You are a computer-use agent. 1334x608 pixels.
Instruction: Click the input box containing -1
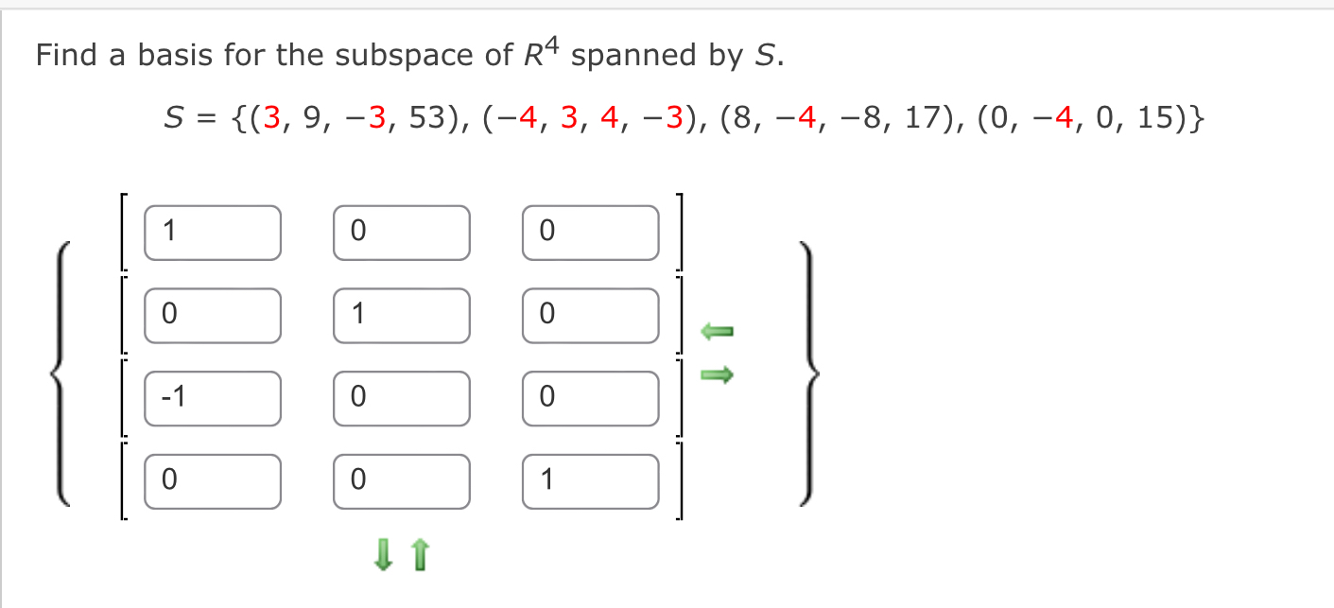[x=212, y=398]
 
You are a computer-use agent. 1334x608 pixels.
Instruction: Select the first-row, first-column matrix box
[x=212, y=232]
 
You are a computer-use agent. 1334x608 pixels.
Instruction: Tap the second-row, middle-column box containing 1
[x=401, y=315]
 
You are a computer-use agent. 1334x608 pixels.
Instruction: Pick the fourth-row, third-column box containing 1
[x=590, y=481]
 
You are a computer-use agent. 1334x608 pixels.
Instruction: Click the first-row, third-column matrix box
[x=590, y=232]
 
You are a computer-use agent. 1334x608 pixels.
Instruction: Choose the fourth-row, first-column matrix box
[x=212, y=481]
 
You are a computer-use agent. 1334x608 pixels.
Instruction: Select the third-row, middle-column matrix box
[x=401, y=398]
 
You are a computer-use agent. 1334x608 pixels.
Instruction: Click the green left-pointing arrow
[x=717, y=331]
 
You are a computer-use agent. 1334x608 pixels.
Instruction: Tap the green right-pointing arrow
[x=717, y=376]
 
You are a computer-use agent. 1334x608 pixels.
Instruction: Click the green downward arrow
[x=383, y=555]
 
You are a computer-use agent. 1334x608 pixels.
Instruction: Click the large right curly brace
[x=810, y=373]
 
